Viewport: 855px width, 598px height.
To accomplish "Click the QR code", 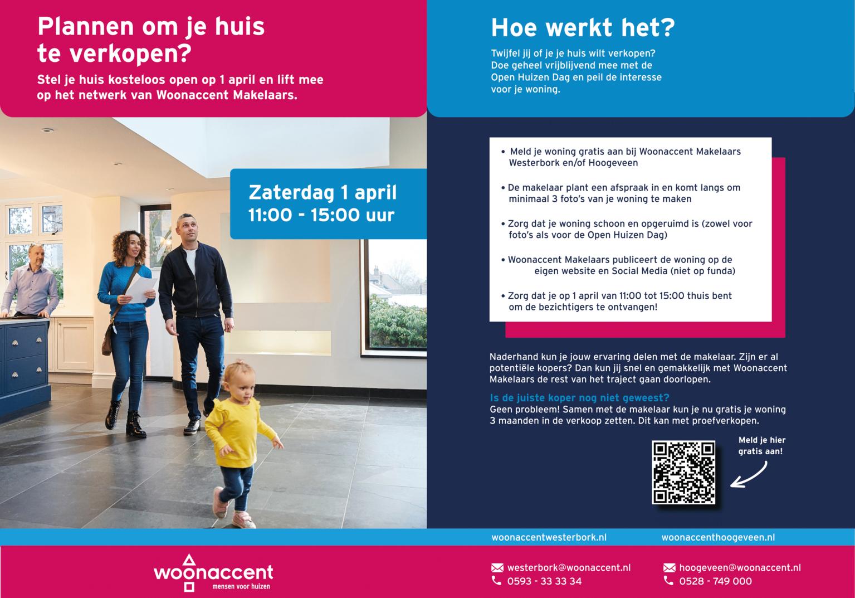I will tap(683, 473).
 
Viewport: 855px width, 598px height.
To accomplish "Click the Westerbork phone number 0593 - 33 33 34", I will tap(544, 581).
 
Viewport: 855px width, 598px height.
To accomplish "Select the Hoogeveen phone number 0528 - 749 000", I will tap(715, 581).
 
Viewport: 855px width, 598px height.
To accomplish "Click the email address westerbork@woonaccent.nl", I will tap(569, 567).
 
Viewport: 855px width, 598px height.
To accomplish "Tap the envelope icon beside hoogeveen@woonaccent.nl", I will tap(669, 568).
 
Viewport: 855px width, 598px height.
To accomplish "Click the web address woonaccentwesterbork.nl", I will tap(549, 538).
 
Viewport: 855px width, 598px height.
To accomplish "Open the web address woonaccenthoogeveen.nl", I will tap(718, 538).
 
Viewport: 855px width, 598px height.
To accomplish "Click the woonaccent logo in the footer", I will tap(213, 572).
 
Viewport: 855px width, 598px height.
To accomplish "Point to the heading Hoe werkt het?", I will tap(583, 28).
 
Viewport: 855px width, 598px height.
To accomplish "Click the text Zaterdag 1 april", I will tap(323, 193).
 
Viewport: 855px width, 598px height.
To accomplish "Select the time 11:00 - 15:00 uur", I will tap(321, 215).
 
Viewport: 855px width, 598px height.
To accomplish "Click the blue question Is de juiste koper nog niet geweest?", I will tap(579, 397).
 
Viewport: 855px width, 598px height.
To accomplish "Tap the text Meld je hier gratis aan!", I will tap(761, 446).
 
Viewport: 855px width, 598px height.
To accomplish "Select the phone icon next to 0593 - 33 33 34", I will tap(496, 581).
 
